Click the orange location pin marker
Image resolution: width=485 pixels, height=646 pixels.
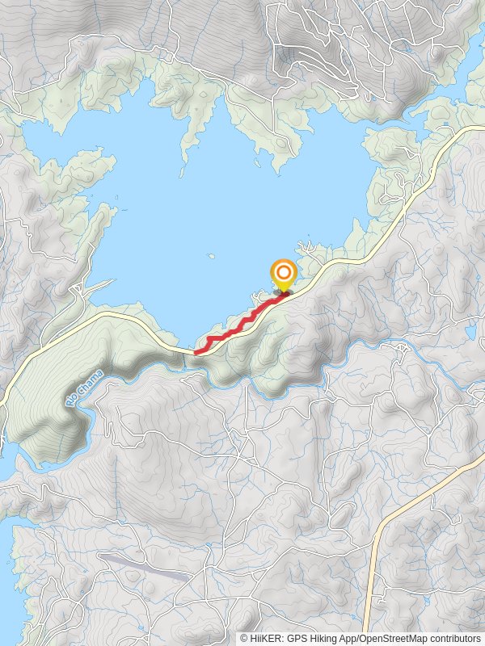click(x=284, y=274)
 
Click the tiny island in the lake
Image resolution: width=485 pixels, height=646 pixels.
click(x=210, y=257)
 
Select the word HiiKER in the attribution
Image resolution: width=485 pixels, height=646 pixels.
click(x=264, y=638)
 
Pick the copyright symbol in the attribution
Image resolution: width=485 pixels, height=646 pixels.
click(x=244, y=638)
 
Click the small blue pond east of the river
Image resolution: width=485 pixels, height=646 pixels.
click(x=471, y=330)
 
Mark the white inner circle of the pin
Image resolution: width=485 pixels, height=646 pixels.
click(x=284, y=271)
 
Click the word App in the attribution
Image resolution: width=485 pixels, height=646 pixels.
click(x=351, y=638)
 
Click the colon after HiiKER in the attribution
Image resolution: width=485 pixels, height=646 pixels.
click(x=282, y=638)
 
